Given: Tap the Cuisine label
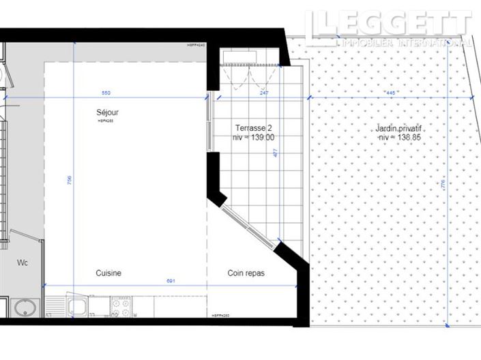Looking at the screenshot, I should click(108, 273).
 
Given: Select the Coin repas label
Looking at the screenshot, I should click(246, 273).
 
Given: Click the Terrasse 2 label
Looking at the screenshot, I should click(254, 128).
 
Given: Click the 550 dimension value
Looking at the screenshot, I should click(106, 93).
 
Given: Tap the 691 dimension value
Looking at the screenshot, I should click(172, 281).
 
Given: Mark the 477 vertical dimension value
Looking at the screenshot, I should click(276, 154).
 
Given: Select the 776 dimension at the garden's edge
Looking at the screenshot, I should click(443, 184).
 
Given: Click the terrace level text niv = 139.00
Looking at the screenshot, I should click(254, 137).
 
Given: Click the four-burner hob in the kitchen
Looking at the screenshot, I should click(121, 309).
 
